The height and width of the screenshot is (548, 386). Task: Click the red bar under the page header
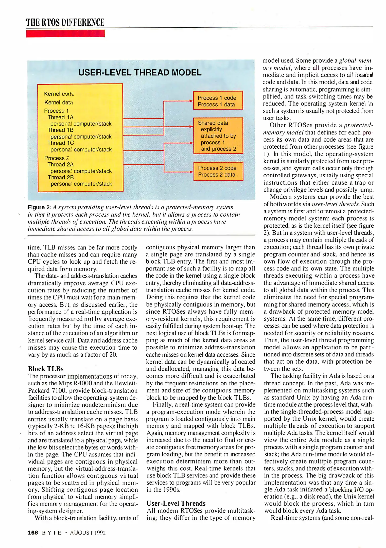pos(65,33)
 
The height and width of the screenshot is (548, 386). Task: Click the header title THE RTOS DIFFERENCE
pos(65,22)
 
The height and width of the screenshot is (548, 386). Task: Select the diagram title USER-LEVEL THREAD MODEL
pos(140,73)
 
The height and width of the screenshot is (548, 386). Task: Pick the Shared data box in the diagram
pos(218,136)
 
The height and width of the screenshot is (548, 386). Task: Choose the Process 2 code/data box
pos(218,171)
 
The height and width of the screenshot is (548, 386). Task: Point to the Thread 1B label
pos(60,130)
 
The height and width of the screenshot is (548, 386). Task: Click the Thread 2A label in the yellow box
pos(60,164)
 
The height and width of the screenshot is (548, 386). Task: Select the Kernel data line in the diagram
pos(59,102)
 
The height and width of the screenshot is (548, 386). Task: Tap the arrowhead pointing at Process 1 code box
pos(191,101)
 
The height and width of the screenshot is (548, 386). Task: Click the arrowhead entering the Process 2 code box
pos(192,172)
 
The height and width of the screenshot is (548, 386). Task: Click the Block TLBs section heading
pos(46,369)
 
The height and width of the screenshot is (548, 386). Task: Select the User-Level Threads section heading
pos(176,503)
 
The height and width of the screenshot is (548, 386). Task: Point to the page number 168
pos(33,533)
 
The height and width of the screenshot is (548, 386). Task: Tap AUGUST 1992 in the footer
pos(88,533)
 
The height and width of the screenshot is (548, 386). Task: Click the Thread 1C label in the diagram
pos(60,143)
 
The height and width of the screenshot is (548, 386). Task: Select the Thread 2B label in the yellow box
pos(61,177)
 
